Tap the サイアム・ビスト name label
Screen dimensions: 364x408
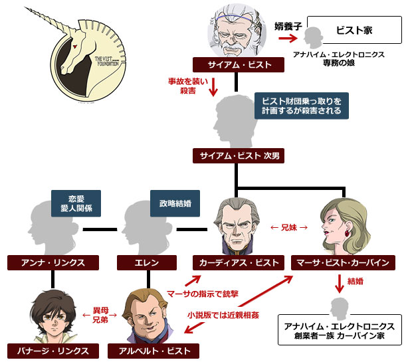point(237,64)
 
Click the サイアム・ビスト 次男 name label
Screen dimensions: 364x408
point(237,156)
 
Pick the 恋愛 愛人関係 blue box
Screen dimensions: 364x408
point(76,203)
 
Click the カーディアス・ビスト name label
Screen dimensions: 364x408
point(236,262)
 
